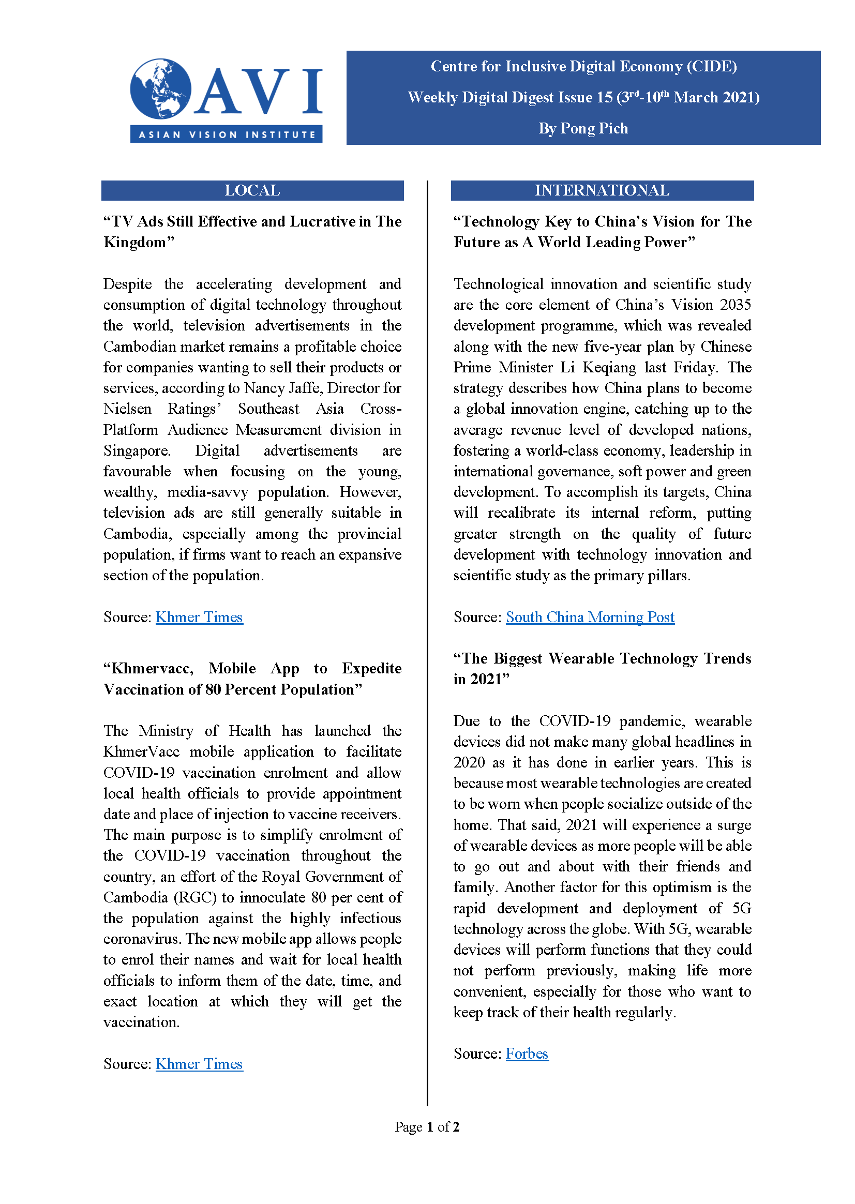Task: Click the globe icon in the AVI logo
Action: [x=160, y=88]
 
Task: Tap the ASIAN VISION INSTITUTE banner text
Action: [x=227, y=134]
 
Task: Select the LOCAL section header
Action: [x=252, y=190]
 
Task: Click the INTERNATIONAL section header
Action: [x=602, y=190]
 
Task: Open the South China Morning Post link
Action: [x=590, y=617]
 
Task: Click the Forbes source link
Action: [x=527, y=1053]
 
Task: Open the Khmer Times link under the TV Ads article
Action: [x=199, y=617]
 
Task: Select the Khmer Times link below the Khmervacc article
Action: [x=199, y=1064]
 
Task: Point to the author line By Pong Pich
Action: [x=583, y=128]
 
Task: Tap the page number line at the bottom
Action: [x=427, y=1126]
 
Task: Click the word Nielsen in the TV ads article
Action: [x=127, y=409]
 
